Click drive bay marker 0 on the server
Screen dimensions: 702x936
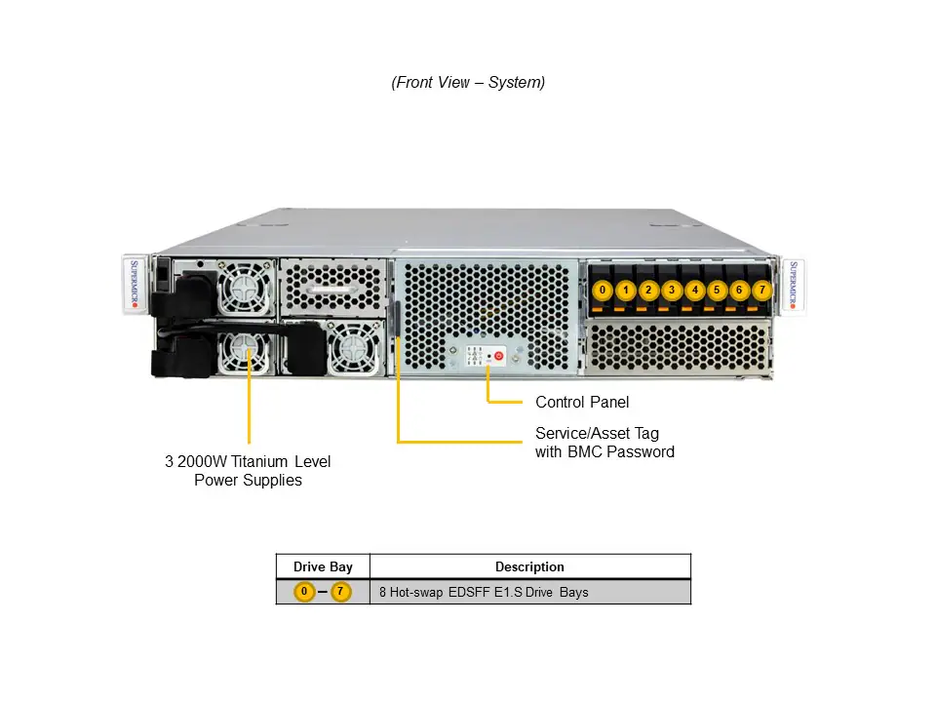coord(603,290)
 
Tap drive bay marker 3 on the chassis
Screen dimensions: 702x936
coord(671,290)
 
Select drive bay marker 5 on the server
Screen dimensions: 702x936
coord(717,290)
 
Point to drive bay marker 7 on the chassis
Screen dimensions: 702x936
coord(761,290)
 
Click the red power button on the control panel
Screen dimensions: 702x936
coord(498,357)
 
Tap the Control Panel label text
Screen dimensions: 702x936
coord(582,402)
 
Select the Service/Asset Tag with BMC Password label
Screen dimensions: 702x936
coord(604,443)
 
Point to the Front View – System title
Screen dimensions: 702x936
coord(468,82)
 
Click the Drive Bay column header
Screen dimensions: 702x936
coord(323,566)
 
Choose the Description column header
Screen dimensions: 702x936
coord(529,566)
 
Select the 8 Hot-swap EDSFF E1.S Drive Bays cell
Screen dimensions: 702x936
coord(484,592)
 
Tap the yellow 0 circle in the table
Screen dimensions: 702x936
coord(304,592)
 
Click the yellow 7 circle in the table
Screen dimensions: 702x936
coord(340,592)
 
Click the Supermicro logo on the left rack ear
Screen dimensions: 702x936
coord(136,285)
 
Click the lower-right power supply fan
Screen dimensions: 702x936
coord(348,349)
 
